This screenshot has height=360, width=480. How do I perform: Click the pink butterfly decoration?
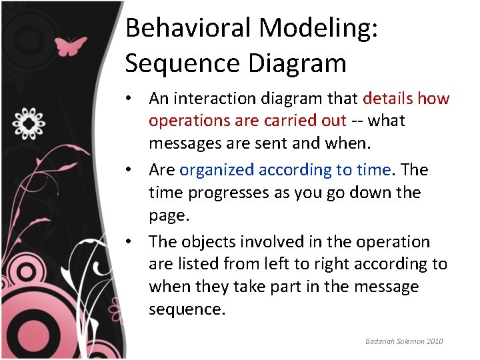click(70, 46)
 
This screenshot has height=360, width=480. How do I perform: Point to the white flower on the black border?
click(29, 122)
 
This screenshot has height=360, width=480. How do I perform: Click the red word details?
click(388, 99)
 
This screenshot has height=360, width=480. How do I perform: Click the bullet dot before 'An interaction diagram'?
click(134, 99)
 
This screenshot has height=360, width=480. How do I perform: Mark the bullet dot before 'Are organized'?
click(134, 171)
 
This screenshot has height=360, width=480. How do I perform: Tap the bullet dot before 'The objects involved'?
click(134, 242)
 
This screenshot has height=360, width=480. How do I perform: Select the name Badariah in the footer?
click(380, 341)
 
